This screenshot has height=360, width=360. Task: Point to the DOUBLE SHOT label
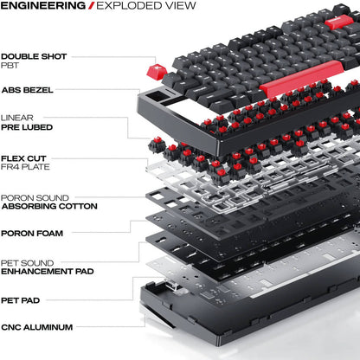click(x=32, y=53)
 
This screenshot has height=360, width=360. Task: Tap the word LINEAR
click(x=17, y=117)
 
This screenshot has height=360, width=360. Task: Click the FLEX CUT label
click(x=24, y=157)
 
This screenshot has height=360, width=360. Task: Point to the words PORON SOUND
click(x=35, y=198)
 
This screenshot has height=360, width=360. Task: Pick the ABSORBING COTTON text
click(x=47, y=207)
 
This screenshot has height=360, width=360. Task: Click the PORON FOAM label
click(x=31, y=232)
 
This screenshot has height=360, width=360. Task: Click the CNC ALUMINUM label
click(x=36, y=327)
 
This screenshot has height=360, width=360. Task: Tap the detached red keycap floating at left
click(x=158, y=69)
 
